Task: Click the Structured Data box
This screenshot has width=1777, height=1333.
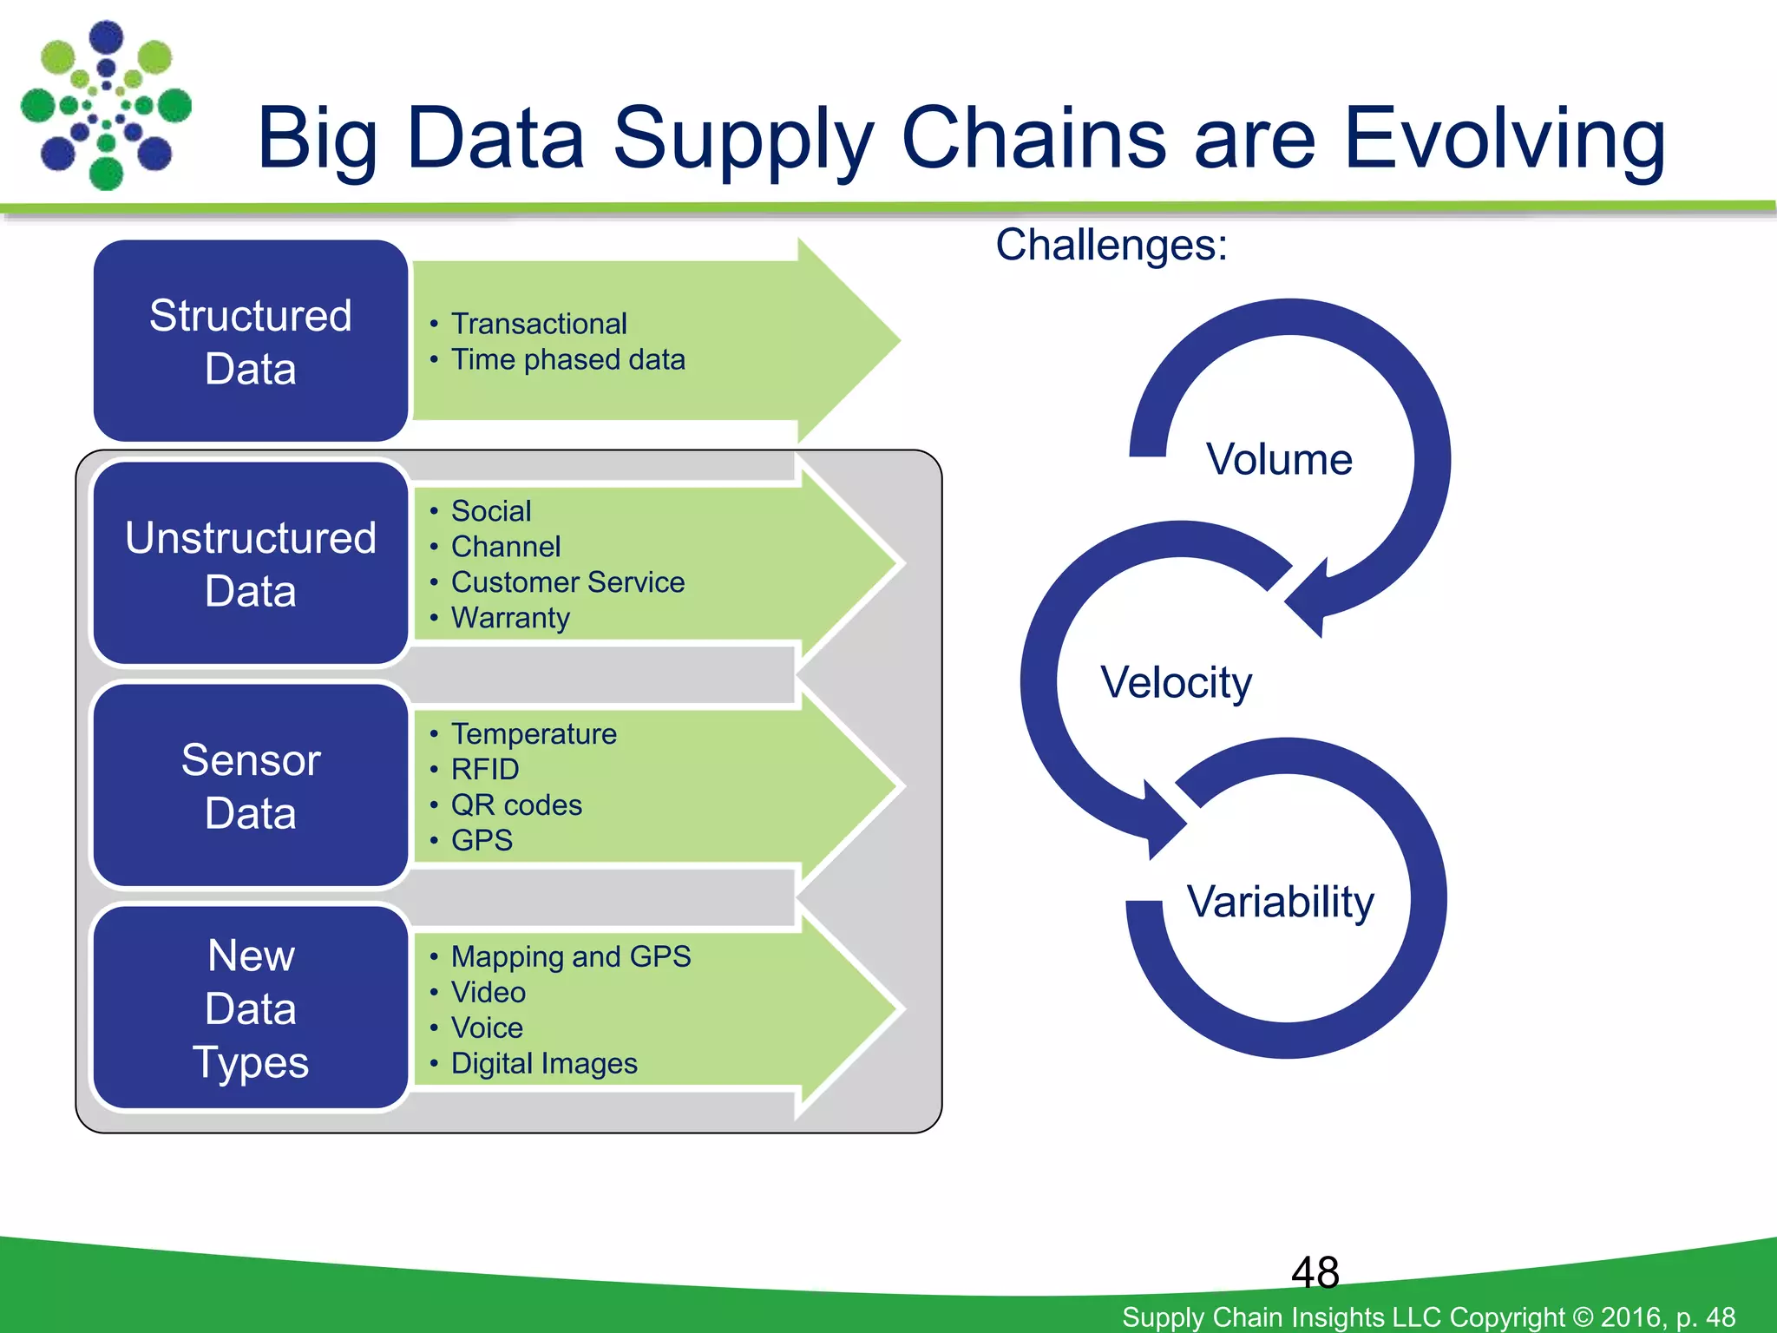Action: click(251, 341)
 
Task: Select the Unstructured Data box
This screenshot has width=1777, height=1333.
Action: click(251, 563)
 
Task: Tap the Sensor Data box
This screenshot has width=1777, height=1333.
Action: click(251, 785)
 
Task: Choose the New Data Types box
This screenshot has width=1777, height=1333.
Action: click(251, 1008)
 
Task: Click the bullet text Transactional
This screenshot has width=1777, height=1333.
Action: click(539, 324)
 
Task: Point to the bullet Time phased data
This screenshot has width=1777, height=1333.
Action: click(568, 359)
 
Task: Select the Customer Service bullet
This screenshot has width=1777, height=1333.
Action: click(568, 582)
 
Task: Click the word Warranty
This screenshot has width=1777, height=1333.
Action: click(510, 618)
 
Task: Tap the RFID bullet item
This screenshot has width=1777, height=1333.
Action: click(485, 770)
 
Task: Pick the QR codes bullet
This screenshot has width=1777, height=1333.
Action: click(516, 805)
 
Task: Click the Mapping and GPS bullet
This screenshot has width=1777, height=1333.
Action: click(571, 956)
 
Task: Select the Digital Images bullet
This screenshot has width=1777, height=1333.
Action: click(544, 1063)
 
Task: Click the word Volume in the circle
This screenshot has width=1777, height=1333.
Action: click(1279, 459)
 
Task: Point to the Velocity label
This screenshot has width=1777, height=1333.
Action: click(1176, 682)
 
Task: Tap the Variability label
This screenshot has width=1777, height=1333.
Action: click(1280, 902)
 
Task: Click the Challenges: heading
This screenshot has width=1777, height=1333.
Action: click(1111, 245)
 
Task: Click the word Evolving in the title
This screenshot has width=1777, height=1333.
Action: click(1505, 139)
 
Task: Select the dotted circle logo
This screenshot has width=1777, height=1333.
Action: click(106, 105)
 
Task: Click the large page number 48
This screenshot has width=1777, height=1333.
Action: click(1315, 1272)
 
